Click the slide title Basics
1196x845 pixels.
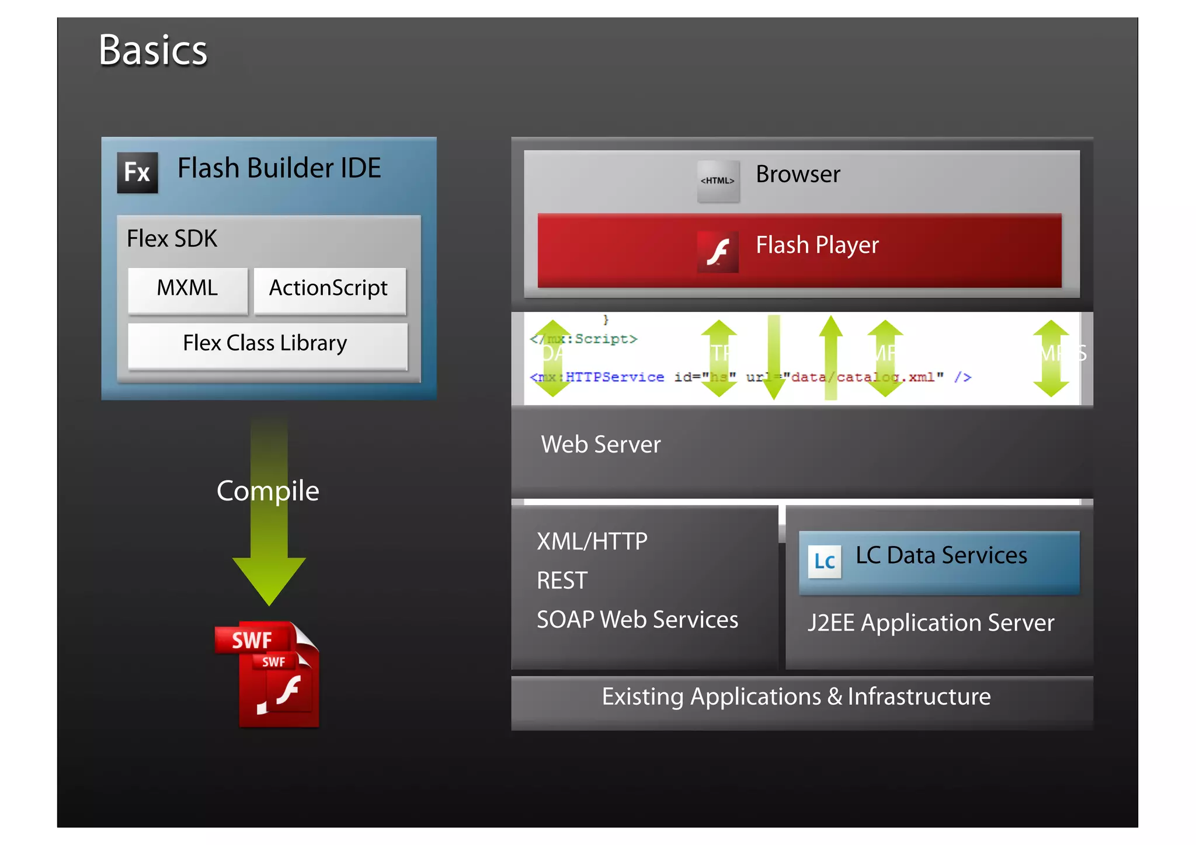tap(153, 50)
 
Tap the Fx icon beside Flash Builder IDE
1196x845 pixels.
tap(137, 172)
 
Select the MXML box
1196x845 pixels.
tap(187, 289)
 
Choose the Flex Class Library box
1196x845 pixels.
tap(266, 344)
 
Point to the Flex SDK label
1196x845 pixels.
tap(172, 239)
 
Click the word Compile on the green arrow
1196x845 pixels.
tap(267, 491)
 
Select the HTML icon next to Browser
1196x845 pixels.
tap(718, 181)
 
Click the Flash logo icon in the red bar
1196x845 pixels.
tap(718, 252)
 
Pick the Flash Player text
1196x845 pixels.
tap(816, 245)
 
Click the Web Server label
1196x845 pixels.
tap(600, 444)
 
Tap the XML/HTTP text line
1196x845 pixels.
tap(592, 541)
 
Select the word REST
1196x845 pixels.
tap(562, 580)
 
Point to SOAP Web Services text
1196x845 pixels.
tap(637, 620)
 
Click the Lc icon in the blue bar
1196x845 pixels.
tap(824, 561)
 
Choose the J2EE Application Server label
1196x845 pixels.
tap(931, 623)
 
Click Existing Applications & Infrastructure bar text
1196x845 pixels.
tap(796, 697)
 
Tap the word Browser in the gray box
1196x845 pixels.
tap(798, 174)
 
